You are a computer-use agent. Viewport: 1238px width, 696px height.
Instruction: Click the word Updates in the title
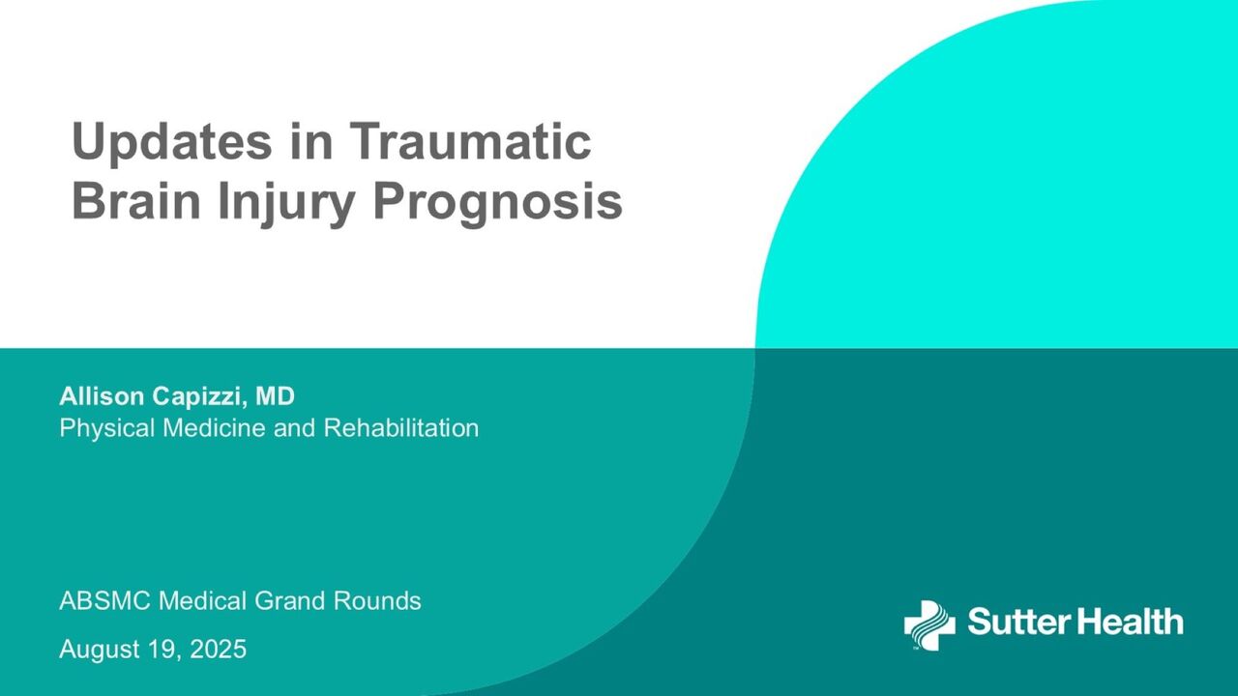172,142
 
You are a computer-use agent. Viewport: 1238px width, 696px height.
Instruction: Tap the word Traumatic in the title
471,141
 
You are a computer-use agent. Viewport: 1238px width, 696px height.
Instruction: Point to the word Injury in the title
287,203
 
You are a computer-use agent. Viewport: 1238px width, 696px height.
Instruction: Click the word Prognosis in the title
498,203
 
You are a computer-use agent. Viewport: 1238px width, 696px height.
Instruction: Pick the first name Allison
102,396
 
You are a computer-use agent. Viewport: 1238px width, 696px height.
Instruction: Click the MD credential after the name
275,396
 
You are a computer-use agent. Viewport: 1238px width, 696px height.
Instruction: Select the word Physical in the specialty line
106,428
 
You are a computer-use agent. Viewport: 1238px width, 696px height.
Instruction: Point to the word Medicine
214,427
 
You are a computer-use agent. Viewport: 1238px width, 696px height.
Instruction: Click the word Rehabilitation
400,427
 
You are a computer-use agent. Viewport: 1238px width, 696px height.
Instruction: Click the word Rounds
377,600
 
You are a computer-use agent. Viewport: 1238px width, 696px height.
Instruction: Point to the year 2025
218,649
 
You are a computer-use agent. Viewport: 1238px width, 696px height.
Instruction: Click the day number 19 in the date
164,649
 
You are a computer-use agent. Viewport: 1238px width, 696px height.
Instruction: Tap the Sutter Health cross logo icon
929,624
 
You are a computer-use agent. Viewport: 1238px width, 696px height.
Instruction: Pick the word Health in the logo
1131,621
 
